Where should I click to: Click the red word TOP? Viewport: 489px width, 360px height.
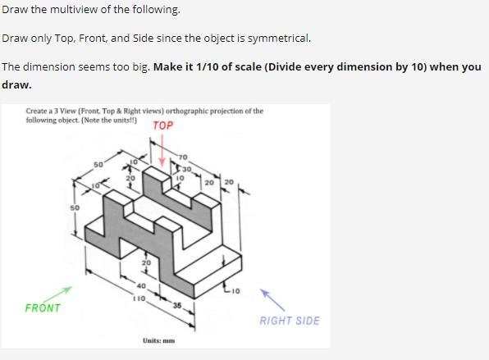click(x=163, y=125)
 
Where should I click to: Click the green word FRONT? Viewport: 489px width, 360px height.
click(x=43, y=308)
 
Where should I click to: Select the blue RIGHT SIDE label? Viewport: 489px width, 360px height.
click(x=290, y=321)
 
